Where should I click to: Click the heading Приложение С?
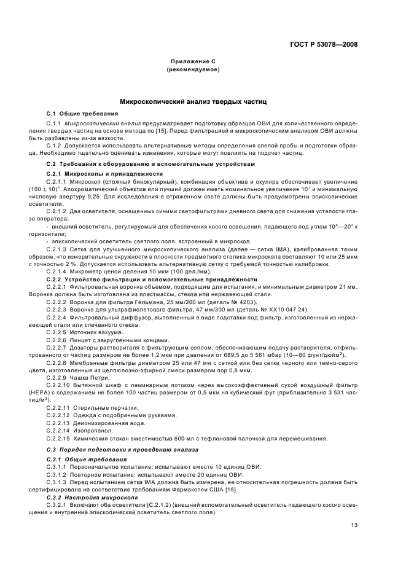pyautogui.click(x=193, y=63)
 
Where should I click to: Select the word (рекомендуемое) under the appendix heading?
pyautogui.click(x=193, y=70)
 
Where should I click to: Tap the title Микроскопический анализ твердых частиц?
pyautogui.click(x=193, y=101)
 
